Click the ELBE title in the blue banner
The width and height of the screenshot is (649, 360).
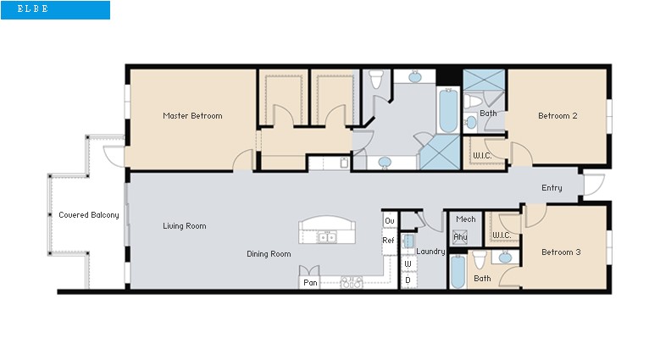[33, 9]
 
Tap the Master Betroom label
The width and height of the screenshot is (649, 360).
[192, 116]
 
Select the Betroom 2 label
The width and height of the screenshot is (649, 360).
[557, 116]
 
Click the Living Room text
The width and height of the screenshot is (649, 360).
[185, 226]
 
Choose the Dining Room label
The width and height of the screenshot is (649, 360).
[269, 254]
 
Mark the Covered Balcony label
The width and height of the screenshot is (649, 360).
[88, 215]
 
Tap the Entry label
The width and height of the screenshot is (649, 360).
[552, 188]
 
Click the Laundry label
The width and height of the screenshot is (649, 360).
[431, 252]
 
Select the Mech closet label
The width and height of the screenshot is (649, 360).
[465, 219]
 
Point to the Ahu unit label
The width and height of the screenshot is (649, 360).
[460, 237]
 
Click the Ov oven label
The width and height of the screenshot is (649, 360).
[389, 221]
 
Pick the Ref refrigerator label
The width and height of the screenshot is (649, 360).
[389, 241]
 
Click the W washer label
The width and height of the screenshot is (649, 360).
[408, 264]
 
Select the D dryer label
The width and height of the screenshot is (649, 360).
[408, 280]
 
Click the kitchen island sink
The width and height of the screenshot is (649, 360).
[327, 238]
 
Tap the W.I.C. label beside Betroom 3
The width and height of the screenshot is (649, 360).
[501, 235]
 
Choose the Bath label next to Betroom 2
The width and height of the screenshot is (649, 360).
[488, 114]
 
